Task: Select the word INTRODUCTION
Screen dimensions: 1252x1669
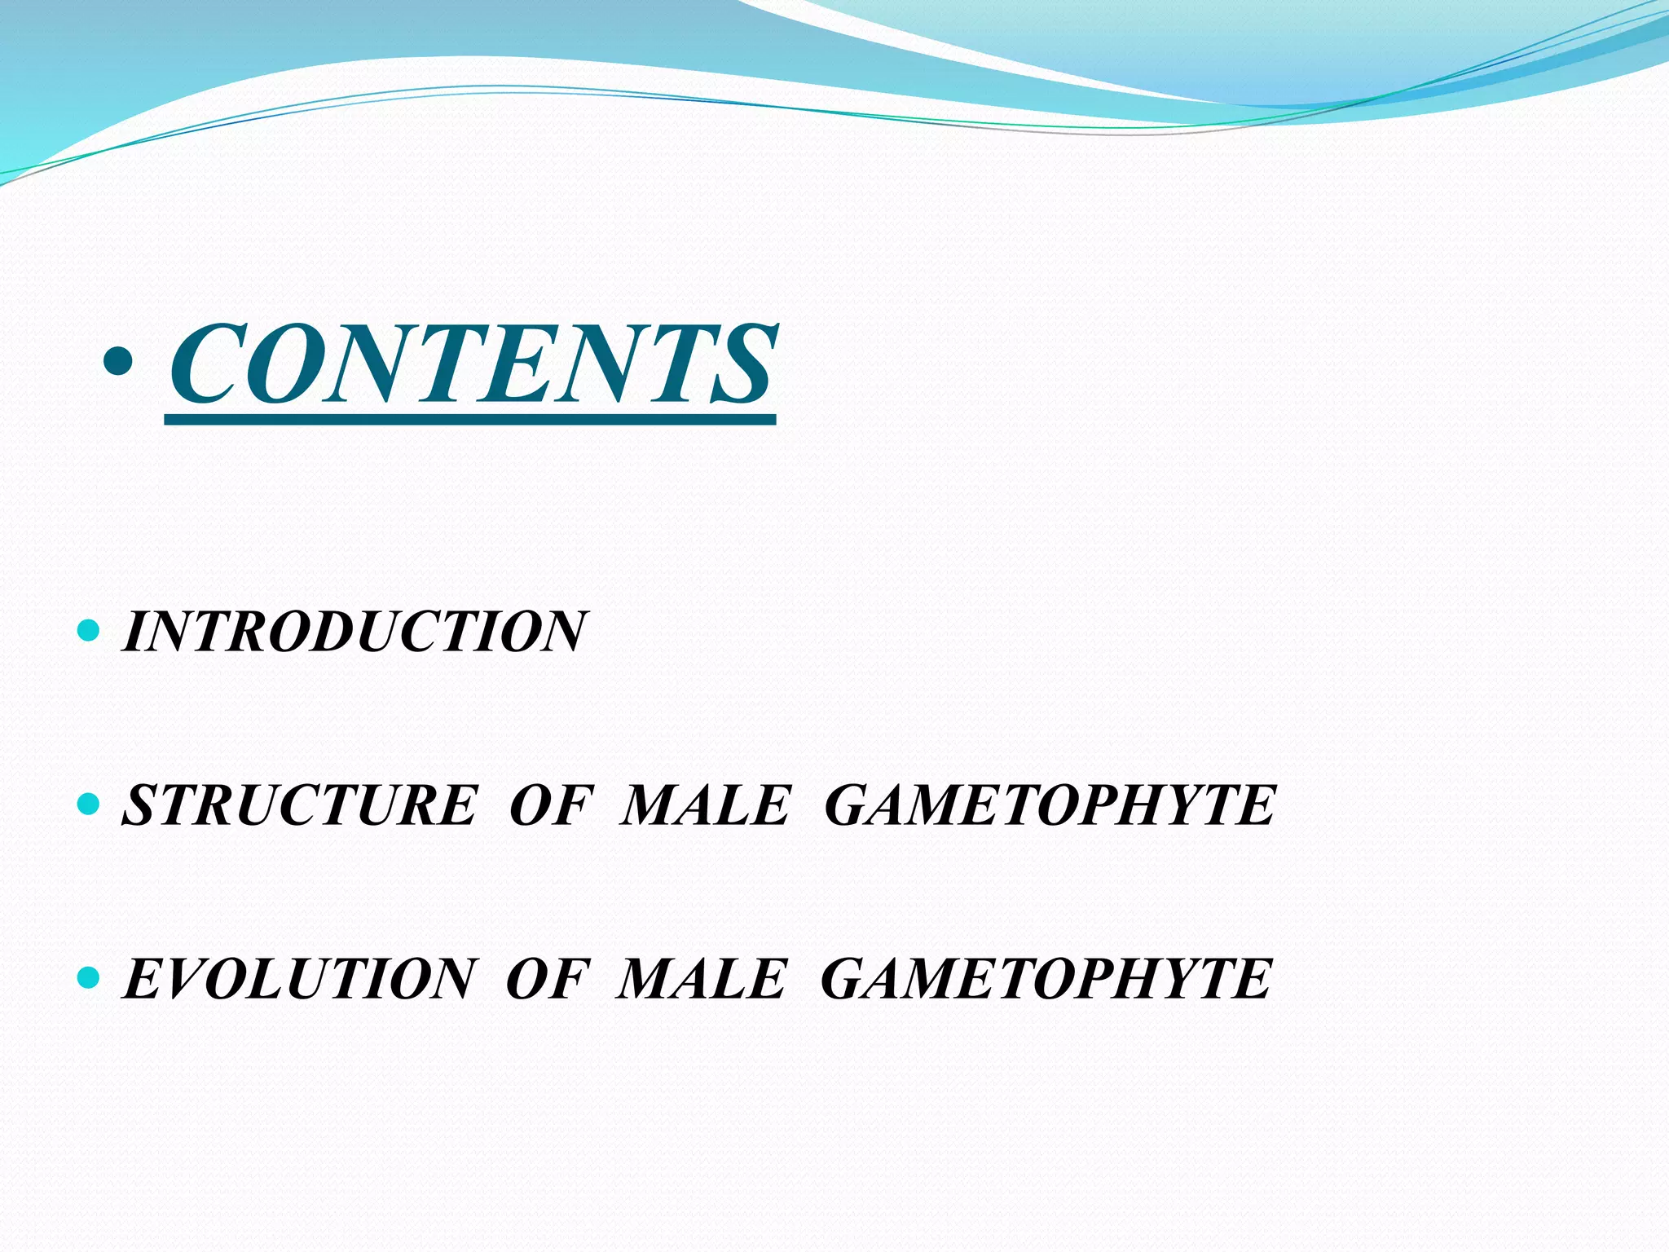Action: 354,632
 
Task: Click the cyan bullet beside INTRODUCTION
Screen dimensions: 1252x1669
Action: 88,630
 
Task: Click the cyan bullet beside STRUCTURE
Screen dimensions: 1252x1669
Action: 88,805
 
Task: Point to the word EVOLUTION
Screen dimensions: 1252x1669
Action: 297,978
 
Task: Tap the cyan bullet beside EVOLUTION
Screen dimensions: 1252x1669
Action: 88,976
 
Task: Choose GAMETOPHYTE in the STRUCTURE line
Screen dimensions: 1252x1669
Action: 1049,805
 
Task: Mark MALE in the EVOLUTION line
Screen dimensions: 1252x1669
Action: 702,978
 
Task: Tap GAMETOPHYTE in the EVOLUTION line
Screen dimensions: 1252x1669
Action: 1046,978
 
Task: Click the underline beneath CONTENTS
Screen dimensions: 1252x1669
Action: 471,419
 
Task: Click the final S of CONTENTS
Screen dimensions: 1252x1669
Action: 739,364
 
